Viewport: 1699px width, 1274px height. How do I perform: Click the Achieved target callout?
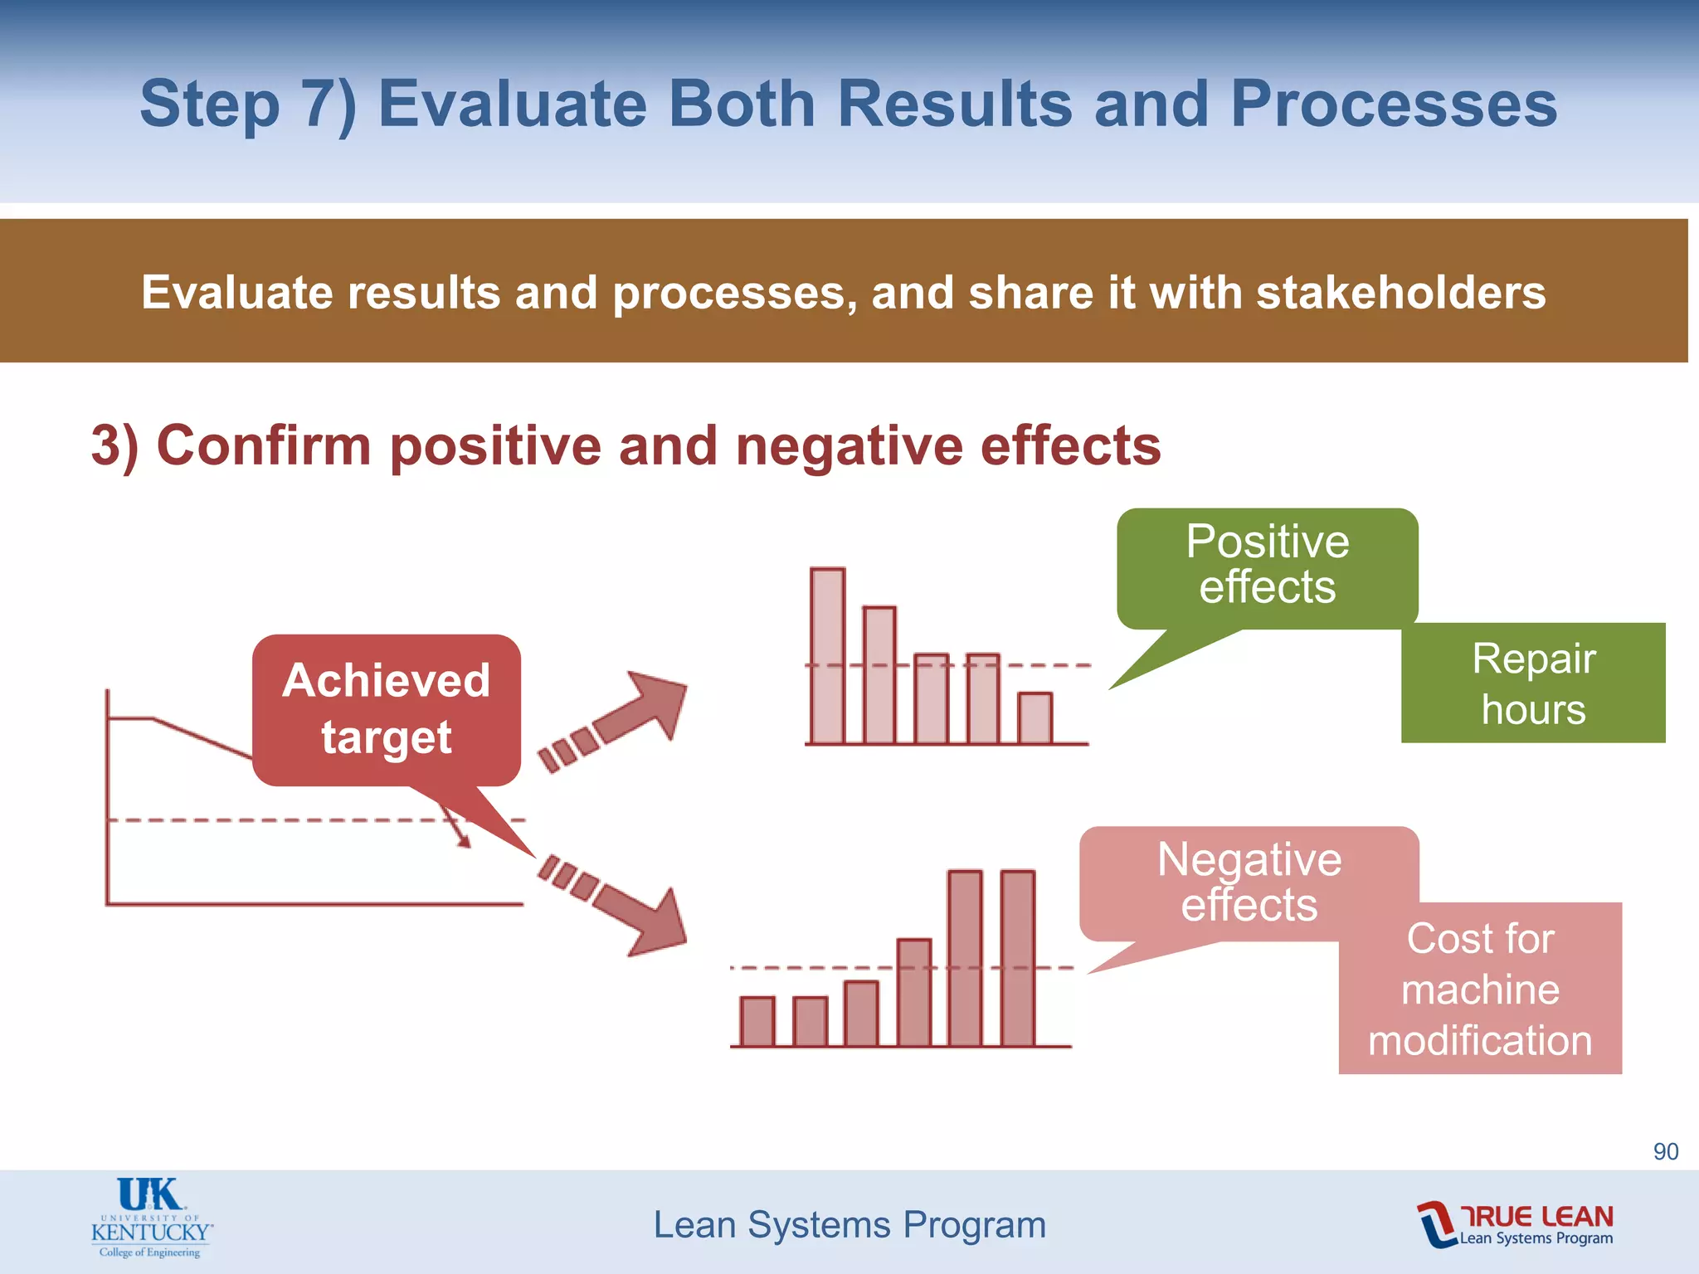tap(387, 710)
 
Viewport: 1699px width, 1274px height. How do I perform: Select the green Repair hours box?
tap(1533, 683)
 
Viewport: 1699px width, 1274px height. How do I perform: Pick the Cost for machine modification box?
tap(1480, 989)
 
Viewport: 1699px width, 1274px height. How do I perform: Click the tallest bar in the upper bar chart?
tap(828, 656)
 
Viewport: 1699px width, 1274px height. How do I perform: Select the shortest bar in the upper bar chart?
tap(1034, 718)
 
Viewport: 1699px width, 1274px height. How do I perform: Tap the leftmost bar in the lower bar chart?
tap(757, 1021)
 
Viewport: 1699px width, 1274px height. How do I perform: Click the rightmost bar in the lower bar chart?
tap(1018, 958)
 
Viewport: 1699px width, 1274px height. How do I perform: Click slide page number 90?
tap(1665, 1151)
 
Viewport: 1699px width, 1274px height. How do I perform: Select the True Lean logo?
tap(1516, 1224)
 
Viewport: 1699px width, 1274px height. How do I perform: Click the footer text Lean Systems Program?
tap(849, 1224)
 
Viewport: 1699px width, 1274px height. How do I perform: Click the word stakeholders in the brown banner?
tap(1400, 293)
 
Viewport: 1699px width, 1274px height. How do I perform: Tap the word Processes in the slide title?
tap(1394, 104)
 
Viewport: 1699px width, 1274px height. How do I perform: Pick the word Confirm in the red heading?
tap(264, 445)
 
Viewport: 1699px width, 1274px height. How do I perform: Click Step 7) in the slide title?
tap(247, 104)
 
